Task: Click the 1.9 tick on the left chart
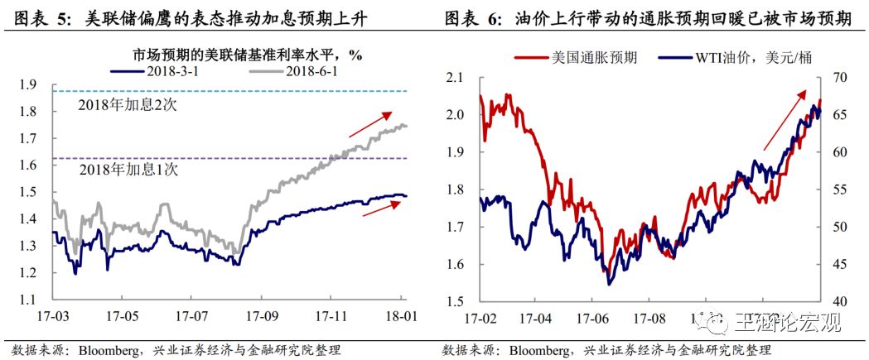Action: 28,84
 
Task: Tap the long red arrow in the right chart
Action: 787,119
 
